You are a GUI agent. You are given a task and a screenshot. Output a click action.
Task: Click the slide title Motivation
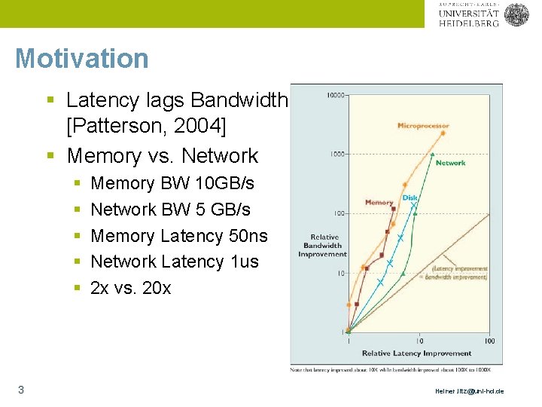click(x=81, y=58)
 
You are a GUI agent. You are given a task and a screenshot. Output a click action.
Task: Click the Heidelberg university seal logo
click(x=516, y=14)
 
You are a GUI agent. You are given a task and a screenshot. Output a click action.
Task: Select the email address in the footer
click(x=470, y=391)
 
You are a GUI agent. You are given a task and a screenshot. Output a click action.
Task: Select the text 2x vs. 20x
click(x=130, y=288)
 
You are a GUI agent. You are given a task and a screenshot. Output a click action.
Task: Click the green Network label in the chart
click(x=450, y=163)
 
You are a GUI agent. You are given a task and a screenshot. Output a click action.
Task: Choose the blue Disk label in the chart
click(x=410, y=198)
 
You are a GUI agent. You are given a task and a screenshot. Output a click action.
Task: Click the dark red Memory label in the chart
click(x=379, y=203)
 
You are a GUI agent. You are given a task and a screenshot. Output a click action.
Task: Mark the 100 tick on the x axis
click(x=489, y=341)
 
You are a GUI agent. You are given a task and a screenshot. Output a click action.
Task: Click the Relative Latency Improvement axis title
click(x=416, y=353)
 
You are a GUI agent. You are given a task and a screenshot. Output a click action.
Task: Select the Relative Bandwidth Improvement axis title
click(x=322, y=246)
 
